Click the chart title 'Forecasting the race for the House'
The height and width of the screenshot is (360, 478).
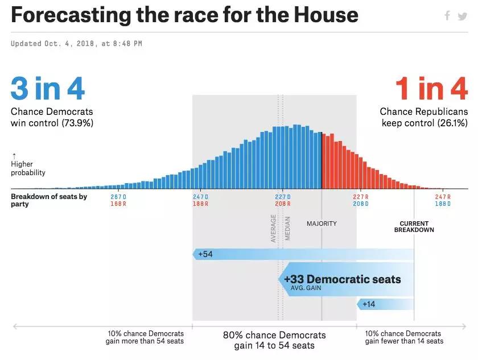tap(184, 15)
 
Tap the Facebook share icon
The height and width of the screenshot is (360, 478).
tap(447, 16)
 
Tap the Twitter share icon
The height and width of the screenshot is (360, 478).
tap(462, 16)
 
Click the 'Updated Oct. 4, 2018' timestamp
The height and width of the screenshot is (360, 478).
tap(76, 44)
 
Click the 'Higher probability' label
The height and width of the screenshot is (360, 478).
tap(28, 168)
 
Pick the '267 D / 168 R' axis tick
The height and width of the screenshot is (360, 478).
tap(118, 200)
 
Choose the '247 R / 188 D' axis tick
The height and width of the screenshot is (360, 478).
tap(442, 200)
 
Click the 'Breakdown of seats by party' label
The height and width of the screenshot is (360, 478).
tap(49, 200)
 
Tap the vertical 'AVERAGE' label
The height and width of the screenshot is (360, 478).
tap(274, 229)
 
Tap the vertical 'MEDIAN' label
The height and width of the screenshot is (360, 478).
tap(288, 229)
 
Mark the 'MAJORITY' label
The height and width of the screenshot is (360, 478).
tap(322, 224)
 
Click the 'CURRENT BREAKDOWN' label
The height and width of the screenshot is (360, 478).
tap(414, 226)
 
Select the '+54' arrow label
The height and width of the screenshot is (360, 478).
tap(205, 254)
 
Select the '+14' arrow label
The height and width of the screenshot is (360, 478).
tap(369, 304)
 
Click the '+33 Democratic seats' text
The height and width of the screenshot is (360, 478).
tap(342, 279)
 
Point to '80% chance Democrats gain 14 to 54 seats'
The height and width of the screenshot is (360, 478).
tap(274, 340)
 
